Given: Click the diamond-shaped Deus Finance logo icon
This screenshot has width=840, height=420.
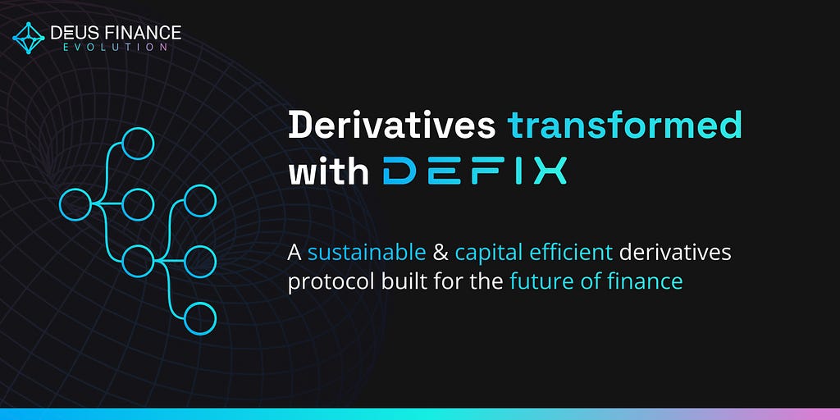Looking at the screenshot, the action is pos(29,38).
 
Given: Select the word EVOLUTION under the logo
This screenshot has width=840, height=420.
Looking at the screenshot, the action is pos(115,48).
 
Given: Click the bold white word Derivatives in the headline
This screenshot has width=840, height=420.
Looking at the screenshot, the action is pos(391,126).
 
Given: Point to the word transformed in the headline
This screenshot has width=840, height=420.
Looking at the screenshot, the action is pos(624,126).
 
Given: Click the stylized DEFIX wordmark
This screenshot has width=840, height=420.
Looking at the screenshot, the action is pos(475,171).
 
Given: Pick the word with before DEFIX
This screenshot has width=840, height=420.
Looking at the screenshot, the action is pos(328,171).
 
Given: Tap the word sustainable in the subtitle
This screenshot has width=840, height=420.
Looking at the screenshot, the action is pos(367,253).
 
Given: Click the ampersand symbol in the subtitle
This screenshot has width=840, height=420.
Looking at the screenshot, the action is pos(441,253).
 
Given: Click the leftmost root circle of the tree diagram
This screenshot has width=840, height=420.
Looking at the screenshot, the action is pos(75,204).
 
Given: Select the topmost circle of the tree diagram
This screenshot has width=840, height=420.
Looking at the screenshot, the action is pos(138,144).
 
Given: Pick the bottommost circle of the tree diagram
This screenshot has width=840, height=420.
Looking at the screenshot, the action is pos(200,319).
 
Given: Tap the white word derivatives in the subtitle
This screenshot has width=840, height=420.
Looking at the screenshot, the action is pos(675,253).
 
